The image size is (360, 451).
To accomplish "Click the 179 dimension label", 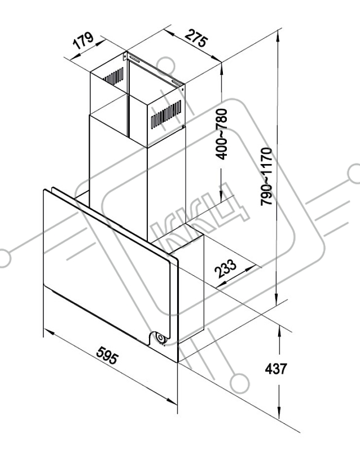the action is [x=84, y=41].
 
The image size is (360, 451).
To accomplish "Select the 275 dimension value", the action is [x=196, y=37].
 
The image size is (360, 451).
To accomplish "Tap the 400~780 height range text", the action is [x=222, y=134].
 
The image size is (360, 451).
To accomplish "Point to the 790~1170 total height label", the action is [x=266, y=176].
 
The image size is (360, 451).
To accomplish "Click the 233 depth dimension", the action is [x=226, y=268].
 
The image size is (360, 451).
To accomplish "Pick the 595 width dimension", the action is [x=107, y=356].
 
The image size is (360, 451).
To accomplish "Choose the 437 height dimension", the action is [x=276, y=369].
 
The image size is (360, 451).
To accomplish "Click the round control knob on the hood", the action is [x=160, y=338].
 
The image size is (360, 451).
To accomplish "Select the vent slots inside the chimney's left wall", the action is [x=114, y=76].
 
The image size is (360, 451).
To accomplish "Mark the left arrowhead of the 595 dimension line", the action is [x=50, y=333].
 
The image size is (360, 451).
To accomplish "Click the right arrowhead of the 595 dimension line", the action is [x=172, y=401].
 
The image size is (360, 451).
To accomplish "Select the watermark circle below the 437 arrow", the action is [x=240, y=384].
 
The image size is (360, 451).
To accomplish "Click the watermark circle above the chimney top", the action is [x=166, y=67].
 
